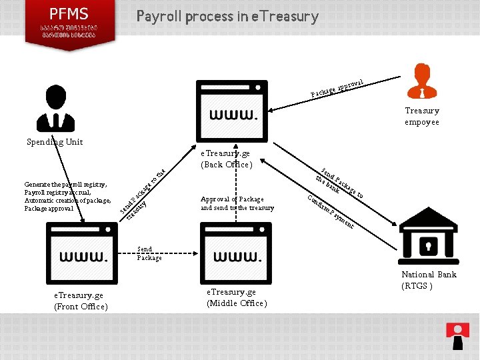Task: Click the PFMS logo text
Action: [69, 13]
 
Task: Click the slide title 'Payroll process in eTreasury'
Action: [227, 16]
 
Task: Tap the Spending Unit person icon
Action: [57, 109]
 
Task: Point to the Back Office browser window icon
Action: [231, 111]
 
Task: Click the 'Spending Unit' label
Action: [55, 142]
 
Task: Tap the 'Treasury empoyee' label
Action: [422, 116]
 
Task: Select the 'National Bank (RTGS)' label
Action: [429, 280]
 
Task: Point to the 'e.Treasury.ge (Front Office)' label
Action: [81, 301]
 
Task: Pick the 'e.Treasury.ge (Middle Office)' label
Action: [237, 297]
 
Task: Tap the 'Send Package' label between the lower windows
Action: [149, 253]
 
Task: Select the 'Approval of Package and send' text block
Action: [237, 203]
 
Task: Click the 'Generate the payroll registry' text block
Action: [67, 196]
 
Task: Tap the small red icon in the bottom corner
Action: [457, 335]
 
